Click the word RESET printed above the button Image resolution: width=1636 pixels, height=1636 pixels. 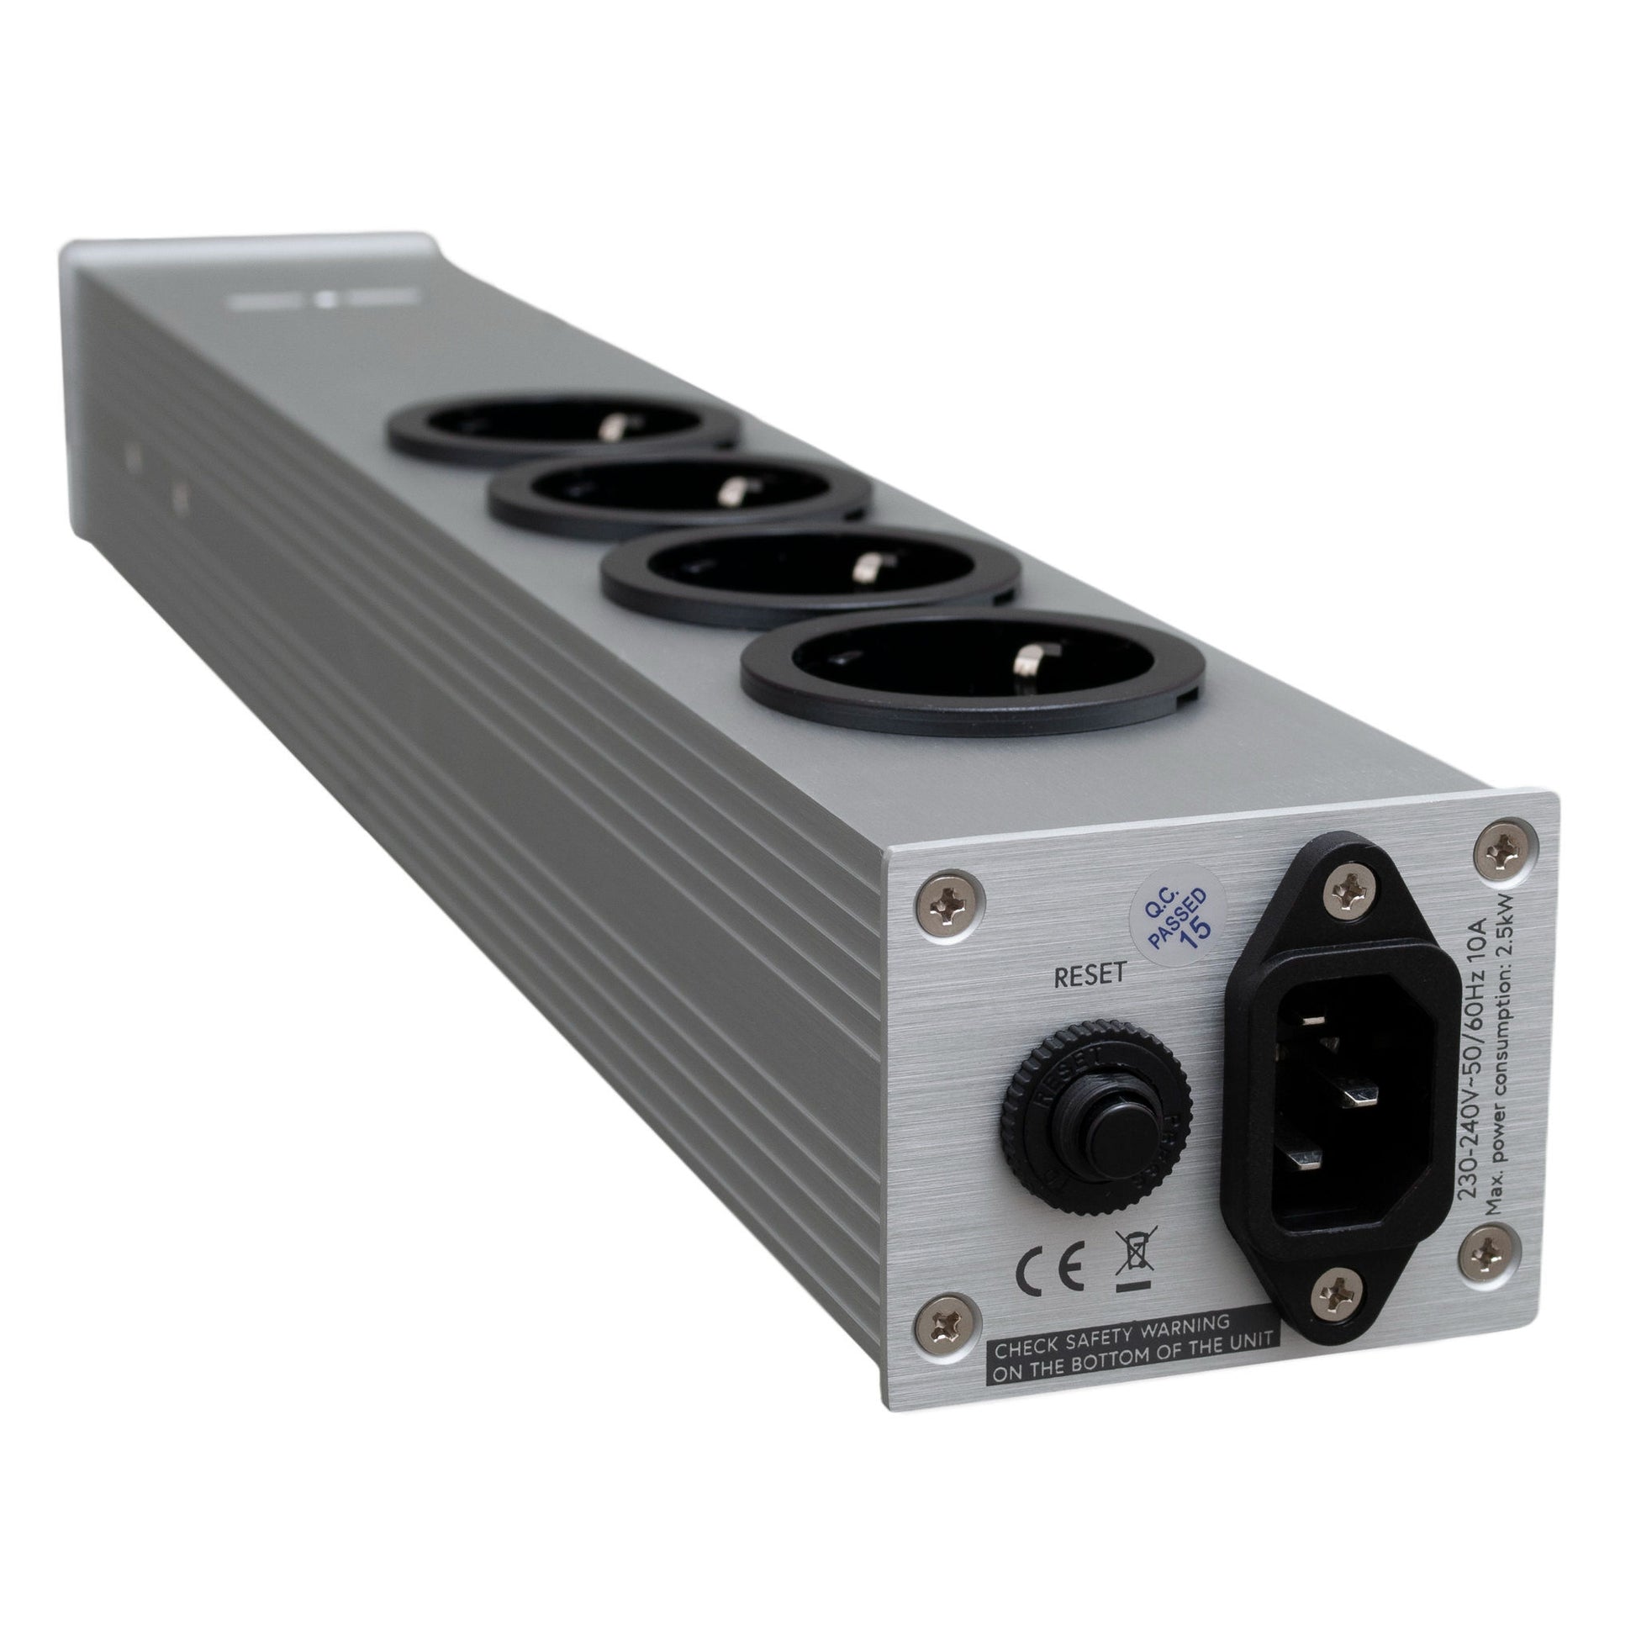(1089, 975)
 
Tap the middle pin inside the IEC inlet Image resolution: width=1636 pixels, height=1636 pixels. (1366, 1099)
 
